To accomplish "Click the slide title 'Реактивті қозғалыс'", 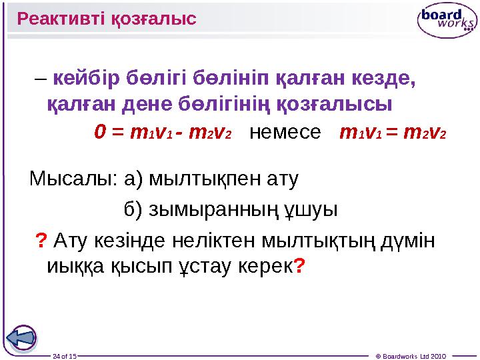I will [x=107, y=18].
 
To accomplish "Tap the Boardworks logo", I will [x=446, y=21].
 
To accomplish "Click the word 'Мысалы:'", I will [x=72, y=179].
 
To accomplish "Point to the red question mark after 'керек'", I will [x=300, y=267].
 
